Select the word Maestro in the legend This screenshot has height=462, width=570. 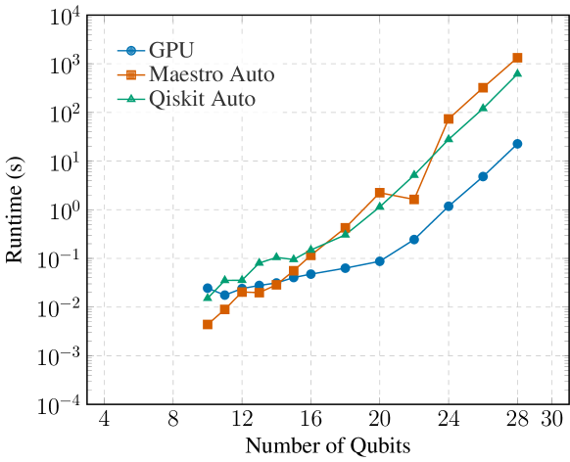[183, 74]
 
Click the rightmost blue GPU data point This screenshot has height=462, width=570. [517, 144]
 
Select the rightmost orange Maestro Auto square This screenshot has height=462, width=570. [517, 58]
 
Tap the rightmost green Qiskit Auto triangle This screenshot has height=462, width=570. [517, 72]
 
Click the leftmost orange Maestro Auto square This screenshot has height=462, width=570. [208, 324]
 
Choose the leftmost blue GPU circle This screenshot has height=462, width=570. [208, 288]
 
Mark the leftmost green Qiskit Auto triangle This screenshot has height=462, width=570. [208, 296]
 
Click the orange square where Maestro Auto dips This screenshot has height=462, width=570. [414, 199]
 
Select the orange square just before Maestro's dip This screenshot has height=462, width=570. [379, 193]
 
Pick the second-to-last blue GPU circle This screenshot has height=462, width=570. [483, 176]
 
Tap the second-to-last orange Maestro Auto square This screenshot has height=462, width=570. [483, 87]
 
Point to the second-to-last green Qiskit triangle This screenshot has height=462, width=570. [483, 107]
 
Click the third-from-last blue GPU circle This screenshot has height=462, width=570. [449, 207]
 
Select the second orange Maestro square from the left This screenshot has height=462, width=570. [224, 308]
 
